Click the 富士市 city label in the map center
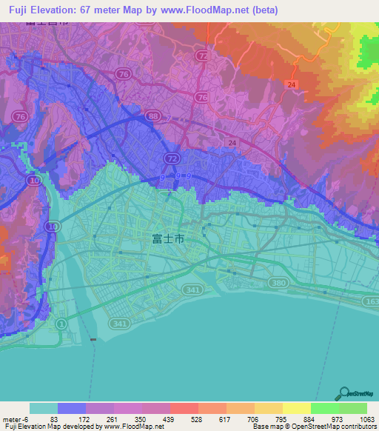coord(167,238)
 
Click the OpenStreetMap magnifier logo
coord(345,395)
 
